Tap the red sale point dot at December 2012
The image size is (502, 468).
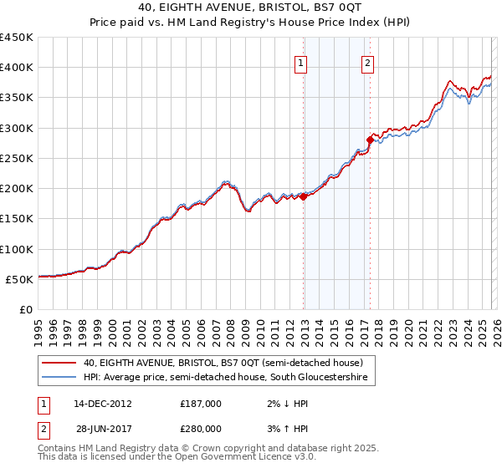click(x=304, y=196)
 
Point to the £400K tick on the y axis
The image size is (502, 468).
click(x=17, y=68)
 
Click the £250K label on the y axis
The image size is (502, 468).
click(x=17, y=158)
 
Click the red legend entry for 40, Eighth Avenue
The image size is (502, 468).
click(x=223, y=364)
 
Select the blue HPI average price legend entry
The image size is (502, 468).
click(x=230, y=379)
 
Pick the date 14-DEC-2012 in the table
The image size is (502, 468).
click(x=103, y=403)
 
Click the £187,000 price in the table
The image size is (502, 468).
click(x=201, y=403)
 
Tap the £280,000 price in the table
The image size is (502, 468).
click(x=201, y=428)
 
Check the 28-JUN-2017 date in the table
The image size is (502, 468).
click(x=103, y=428)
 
